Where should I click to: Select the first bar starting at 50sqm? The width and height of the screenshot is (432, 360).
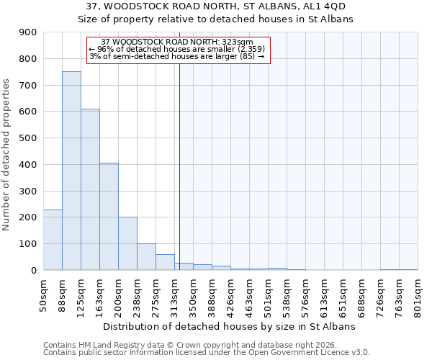pyautogui.click(x=53, y=240)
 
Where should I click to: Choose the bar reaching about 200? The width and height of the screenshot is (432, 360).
pyautogui.click(x=127, y=243)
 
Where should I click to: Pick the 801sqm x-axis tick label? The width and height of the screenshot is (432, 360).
pyautogui.click(x=418, y=295)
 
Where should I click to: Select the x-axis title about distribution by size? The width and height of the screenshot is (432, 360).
pyautogui.click(x=230, y=326)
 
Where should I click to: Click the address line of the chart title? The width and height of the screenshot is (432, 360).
pyautogui.click(x=216, y=6)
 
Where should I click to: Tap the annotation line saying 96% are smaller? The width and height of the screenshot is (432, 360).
pyautogui.click(x=177, y=49)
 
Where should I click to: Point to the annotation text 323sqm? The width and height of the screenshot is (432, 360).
pyautogui.click(x=177, y=42)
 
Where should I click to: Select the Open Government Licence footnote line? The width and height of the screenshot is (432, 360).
pyautogui.click(x=207, y=353)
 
